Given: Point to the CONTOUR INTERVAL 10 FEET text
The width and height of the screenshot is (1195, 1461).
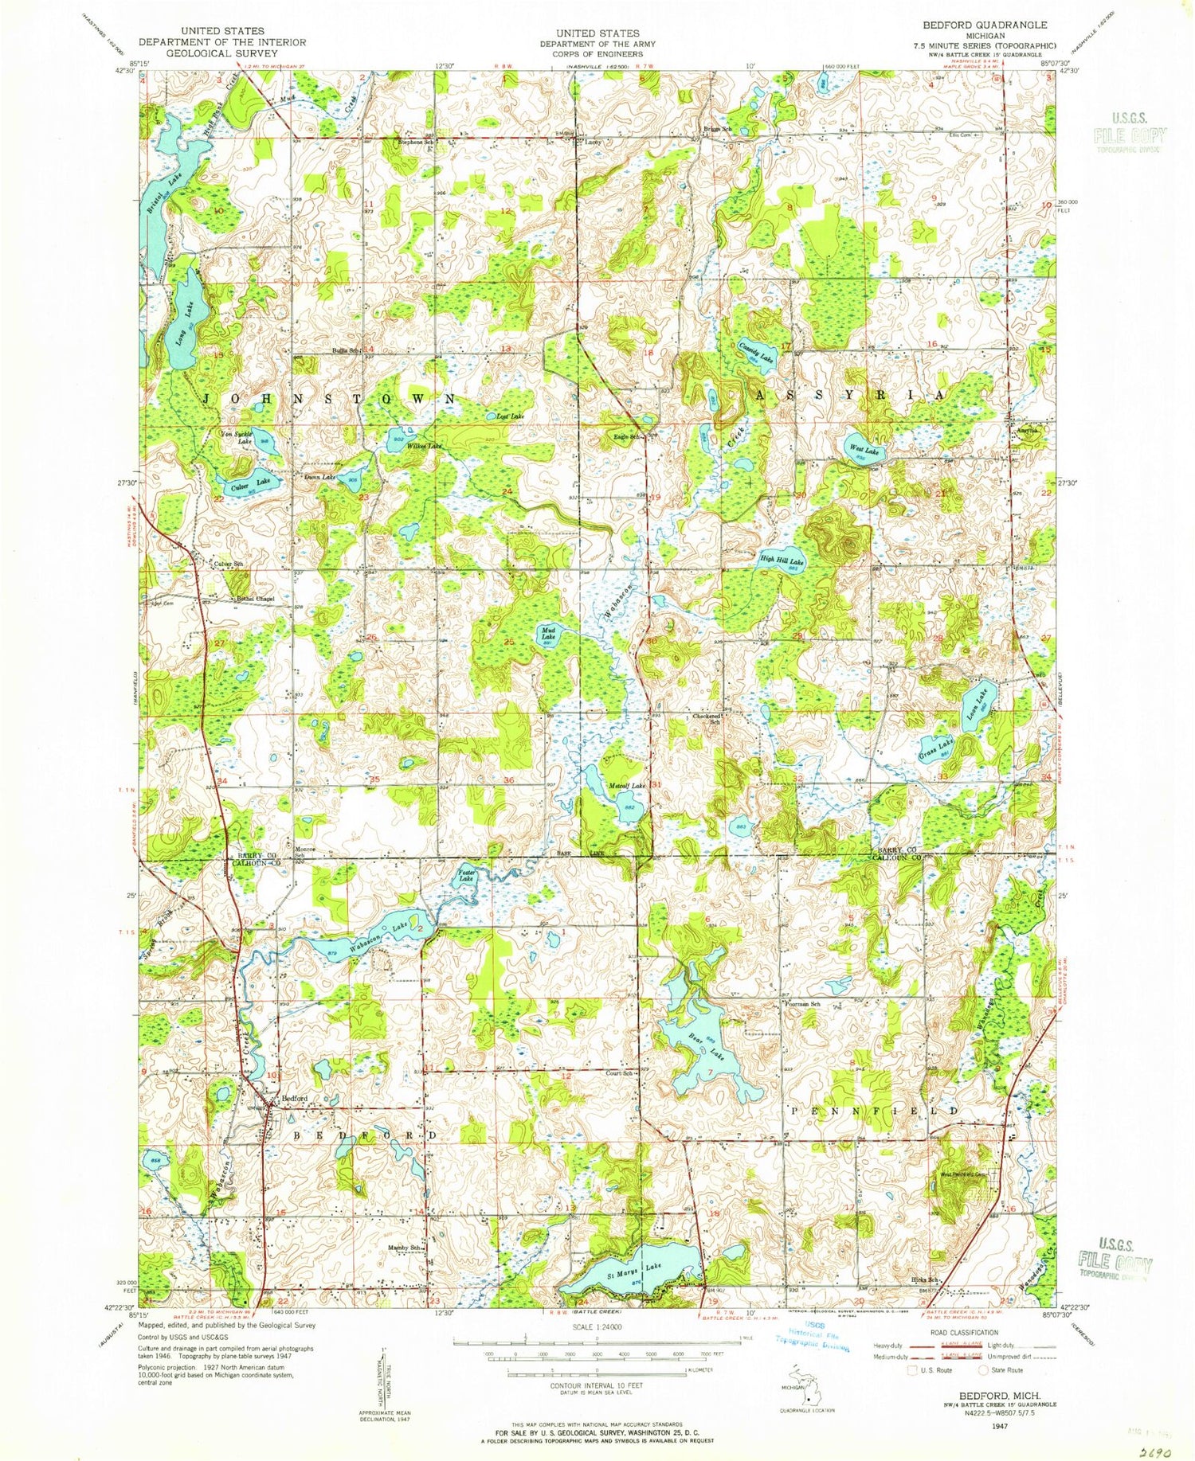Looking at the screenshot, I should (x=597, y=1385).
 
